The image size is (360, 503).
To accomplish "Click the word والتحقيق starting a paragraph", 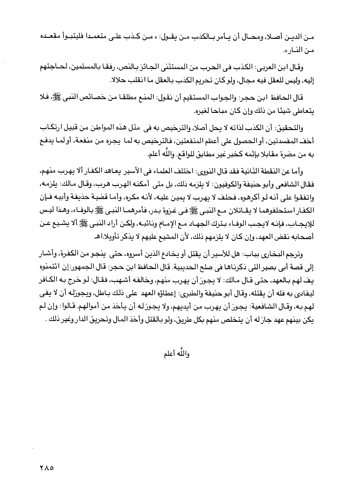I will pyautogui.click(x=290, y=128).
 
